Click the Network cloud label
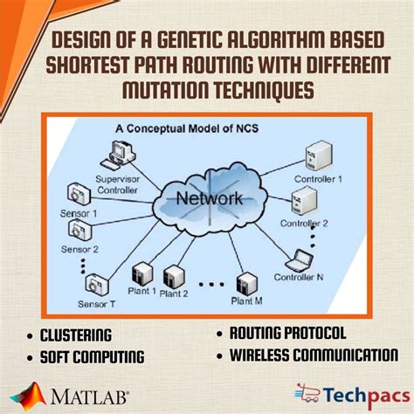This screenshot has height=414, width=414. tap(209, 198)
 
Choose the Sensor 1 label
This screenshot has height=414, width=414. tap(79, 213)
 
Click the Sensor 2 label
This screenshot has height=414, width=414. tap(79, 249)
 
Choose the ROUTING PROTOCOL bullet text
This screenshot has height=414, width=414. tap(287, 333)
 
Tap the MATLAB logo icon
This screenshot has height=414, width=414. tap(32, 394)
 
